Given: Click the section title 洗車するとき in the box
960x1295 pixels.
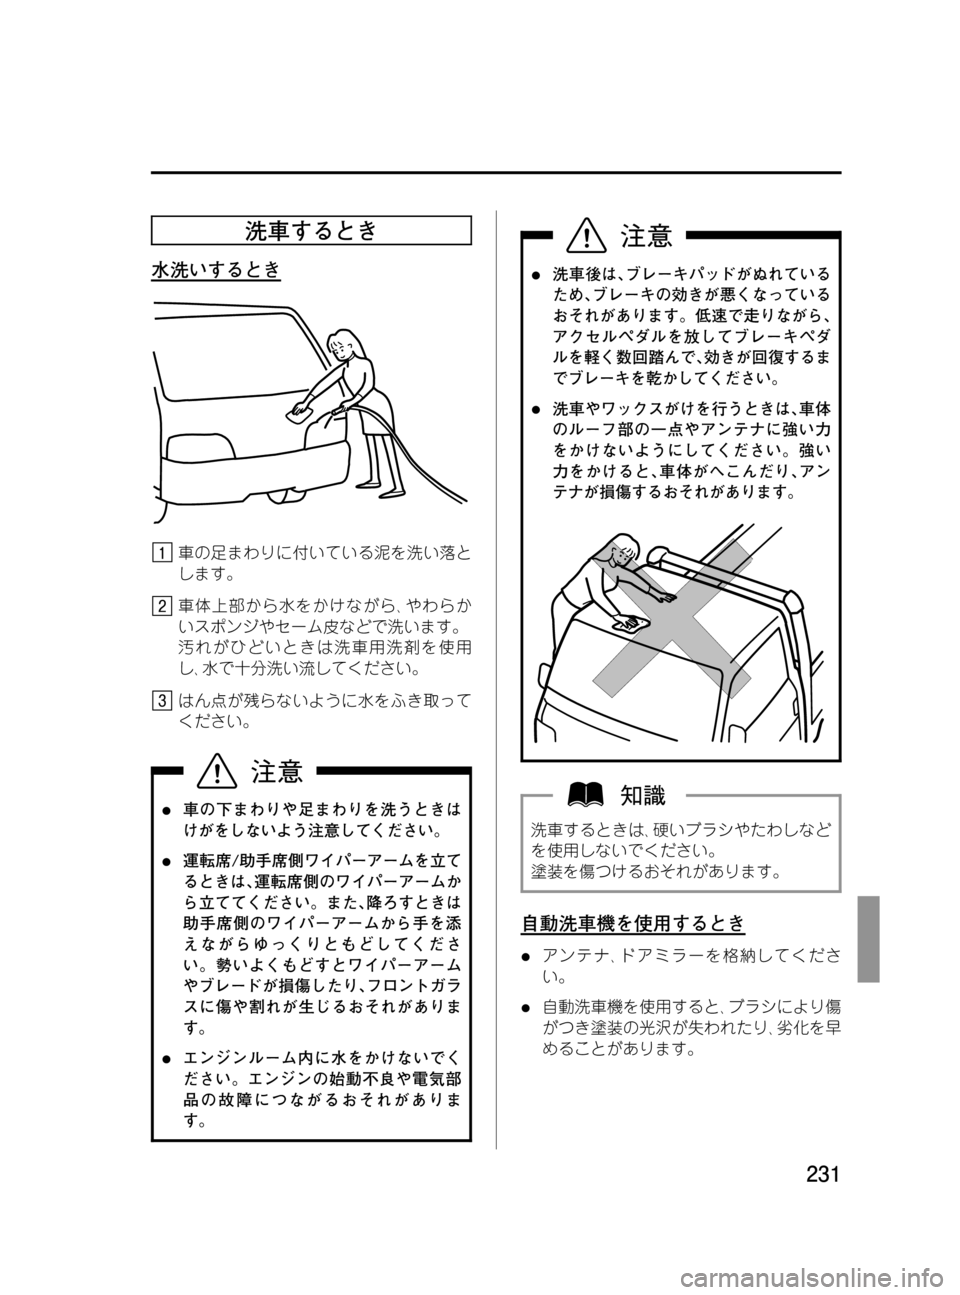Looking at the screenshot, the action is (x=311, y=231).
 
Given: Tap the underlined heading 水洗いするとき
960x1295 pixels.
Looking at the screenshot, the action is (x=216, y=270).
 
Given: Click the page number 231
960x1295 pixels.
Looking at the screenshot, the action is (x=822, y=1174).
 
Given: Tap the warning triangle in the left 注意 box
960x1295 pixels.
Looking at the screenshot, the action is (x=217, y=772).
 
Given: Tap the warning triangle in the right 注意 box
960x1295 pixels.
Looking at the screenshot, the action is (x=587, y=235).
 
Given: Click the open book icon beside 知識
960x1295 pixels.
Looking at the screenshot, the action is (x=586, y=795).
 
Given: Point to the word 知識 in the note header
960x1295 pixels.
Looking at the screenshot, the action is (x=643, y=795).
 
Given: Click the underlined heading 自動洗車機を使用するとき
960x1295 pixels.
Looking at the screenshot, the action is (x=633, y=923).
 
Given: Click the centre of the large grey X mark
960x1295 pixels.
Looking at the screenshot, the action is (x=672, y=619).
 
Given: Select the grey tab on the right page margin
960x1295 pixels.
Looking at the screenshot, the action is (x=868, y=939).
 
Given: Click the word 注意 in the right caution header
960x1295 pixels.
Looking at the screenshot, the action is (x=646, y=235).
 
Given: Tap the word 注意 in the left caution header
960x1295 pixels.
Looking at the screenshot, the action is (x=277, y=772).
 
